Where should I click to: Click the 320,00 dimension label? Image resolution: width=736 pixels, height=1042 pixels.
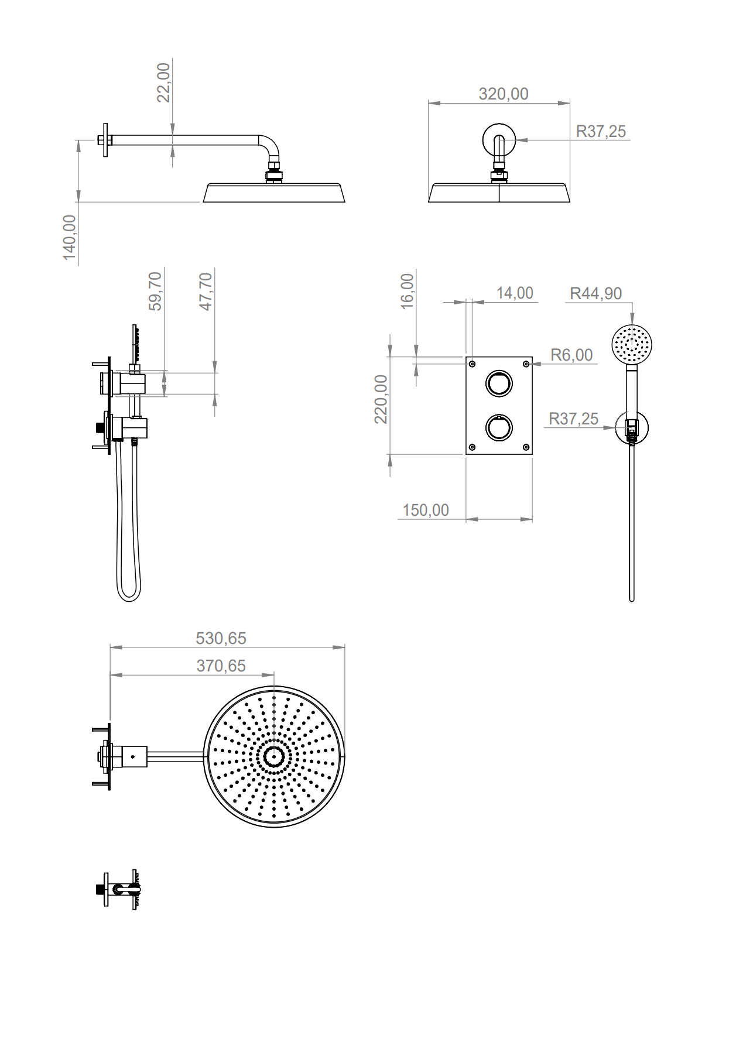pos(503,94)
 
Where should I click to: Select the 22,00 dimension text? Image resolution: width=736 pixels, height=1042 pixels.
pos(163,83)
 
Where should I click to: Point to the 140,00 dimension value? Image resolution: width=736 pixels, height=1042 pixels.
pos(70,237)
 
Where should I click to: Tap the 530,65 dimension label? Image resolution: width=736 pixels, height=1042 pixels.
pos(221,638)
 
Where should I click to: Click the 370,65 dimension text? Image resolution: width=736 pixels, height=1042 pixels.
pos(221,666)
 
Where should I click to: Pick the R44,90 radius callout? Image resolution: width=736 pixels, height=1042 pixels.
pos(595,293)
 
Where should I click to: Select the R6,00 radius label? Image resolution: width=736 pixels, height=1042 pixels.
pos(571,355)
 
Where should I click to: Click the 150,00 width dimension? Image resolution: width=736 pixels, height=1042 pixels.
pos(426,510)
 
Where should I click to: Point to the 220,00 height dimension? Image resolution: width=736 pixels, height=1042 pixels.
pos(381,399)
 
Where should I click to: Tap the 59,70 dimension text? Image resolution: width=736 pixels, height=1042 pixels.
pos(155,291)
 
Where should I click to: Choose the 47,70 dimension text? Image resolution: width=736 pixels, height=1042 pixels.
pos(206,291)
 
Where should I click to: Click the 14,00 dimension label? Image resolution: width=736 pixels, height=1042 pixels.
pos(515,293)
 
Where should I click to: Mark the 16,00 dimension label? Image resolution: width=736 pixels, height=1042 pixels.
pos(407,291)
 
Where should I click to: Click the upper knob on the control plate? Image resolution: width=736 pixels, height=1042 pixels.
pos(499,383)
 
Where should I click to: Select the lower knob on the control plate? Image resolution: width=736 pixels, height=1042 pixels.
pos(499,427)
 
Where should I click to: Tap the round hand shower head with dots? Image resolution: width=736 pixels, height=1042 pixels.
pos(631,344)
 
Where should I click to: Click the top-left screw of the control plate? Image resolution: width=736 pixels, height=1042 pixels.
pos(473,364)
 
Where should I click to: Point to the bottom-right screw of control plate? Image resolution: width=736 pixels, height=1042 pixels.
pos(526,447)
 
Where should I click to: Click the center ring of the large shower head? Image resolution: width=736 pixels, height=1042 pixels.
pos(273,756)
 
